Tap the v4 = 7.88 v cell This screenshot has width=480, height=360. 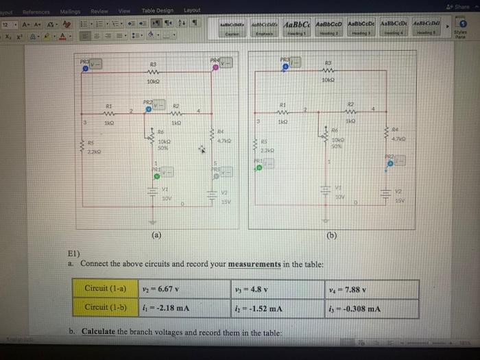point(372,289)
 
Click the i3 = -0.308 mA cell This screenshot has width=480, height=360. point(372,308)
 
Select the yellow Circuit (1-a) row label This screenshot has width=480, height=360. point(106,289)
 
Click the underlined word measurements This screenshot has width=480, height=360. point(254,264)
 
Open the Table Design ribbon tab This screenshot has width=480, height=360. point(158,10)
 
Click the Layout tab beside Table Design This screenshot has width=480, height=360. point(193,10)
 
